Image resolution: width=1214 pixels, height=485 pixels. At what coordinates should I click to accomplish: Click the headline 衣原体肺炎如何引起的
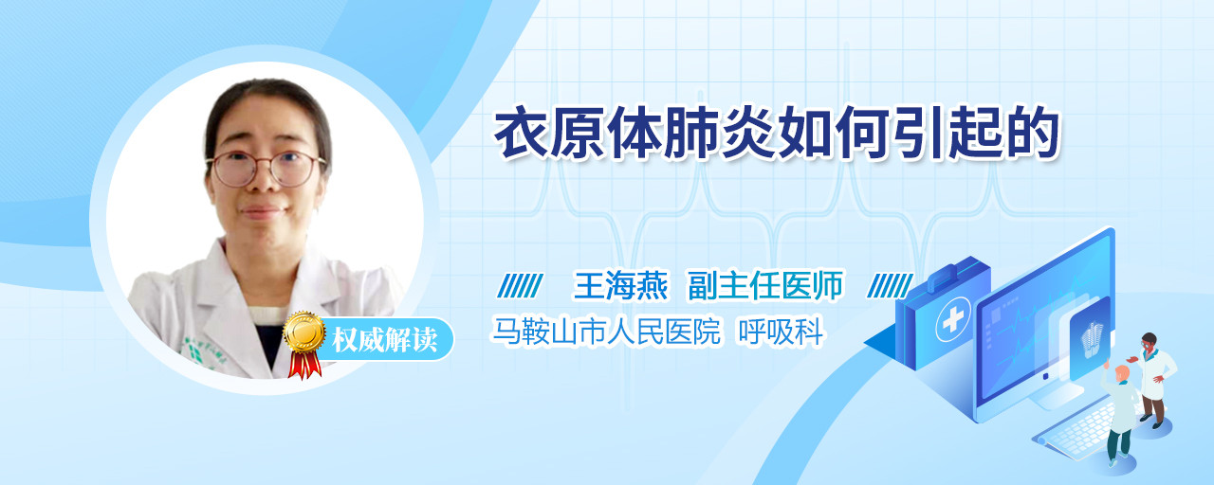point(776,133)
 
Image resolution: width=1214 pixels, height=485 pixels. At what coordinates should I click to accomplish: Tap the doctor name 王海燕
point(620,285)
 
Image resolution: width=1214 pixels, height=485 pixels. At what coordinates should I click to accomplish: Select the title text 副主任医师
point(765,285)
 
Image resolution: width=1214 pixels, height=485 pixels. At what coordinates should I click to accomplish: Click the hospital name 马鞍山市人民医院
point(606,332)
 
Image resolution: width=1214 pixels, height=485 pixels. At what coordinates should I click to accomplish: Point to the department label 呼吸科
point(781,332)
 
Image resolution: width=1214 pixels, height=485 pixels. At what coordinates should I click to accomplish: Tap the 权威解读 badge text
point(384,340)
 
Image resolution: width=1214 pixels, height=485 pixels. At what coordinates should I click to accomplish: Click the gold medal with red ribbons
point(304,344)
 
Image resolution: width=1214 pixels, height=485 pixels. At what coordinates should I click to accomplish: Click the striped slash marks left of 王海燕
point(520,286)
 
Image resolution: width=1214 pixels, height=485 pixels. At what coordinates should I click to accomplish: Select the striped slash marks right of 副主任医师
point(890,286)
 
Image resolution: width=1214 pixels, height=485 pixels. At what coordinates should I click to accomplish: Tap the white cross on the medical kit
point(953,319)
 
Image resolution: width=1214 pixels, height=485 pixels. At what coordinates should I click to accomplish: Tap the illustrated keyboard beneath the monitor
point(1076,429)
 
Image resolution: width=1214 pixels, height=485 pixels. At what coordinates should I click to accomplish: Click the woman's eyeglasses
point(266,169)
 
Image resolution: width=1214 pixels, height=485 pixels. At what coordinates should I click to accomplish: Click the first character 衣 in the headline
point(522,133)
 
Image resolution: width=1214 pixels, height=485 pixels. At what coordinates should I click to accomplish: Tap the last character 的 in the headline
point(1033,133)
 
